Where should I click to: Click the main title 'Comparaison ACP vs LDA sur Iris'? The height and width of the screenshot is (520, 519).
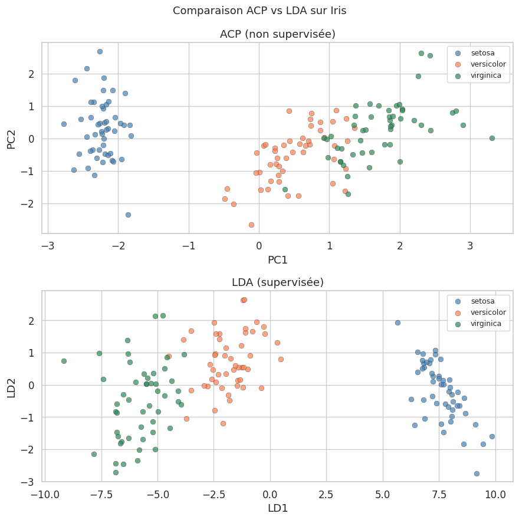coord(259,11)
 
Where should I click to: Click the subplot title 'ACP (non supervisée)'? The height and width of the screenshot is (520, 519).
coord(277,34)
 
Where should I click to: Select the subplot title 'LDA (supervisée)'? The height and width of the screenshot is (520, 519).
coord(277,282)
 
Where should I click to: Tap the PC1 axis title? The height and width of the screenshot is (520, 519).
coord(277,259)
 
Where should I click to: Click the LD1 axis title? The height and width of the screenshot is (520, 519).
coord(277,507)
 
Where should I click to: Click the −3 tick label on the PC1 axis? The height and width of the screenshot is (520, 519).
coord(47,245)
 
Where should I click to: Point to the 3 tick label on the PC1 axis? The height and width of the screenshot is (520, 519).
coord(471,245)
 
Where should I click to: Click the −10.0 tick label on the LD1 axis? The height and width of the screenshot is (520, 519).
coord(44,492)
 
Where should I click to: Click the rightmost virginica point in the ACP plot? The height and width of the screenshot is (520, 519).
coord(492,138)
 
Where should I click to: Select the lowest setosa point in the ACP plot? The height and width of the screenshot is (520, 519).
coord(128,215)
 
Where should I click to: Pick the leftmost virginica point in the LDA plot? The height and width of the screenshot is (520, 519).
coord(64,361)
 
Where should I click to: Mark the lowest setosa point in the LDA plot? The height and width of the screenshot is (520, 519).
coord(477,473)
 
